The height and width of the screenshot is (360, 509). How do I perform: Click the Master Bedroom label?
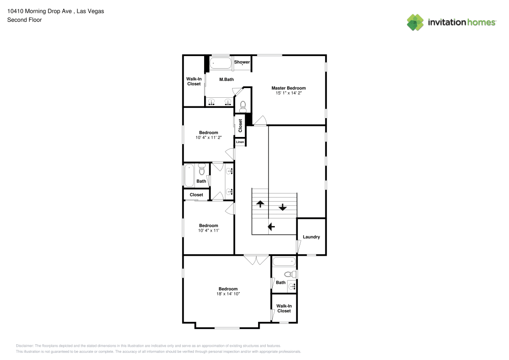(x=289, y=88)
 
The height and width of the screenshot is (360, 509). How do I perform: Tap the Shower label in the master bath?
(x=242, y=62)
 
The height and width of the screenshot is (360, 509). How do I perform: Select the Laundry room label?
(x=311, y=237)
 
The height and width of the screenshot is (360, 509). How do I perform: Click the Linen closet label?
(x=240, y=142)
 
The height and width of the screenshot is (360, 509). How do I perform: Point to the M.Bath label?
(x=227, y=79)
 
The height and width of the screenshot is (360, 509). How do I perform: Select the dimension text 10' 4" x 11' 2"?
(x=208, y=137)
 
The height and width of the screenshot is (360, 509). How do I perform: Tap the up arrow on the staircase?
(x=260, y=204)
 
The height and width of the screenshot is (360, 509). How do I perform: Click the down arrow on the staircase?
(x=282, y=207)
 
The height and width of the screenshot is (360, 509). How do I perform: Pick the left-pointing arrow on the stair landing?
(x=271, y=227)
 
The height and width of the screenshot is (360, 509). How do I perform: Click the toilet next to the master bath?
(x=243, y=106)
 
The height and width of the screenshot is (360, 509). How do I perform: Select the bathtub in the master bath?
(x=220, y=64)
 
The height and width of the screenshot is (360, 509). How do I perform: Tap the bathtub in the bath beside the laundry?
(x=284, y=262)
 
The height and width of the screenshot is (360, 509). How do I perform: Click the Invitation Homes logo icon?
(x=415, y=22)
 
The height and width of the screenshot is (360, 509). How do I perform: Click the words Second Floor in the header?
(x=24, y=20)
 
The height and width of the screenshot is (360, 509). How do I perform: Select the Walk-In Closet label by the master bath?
(x=194, y=81)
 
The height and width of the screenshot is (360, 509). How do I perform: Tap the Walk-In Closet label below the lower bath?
(x=284, y=309)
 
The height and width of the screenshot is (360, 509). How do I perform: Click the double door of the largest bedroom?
(x=256, y=260)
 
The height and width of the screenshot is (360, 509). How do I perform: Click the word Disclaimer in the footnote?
(x=25, y=345)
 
